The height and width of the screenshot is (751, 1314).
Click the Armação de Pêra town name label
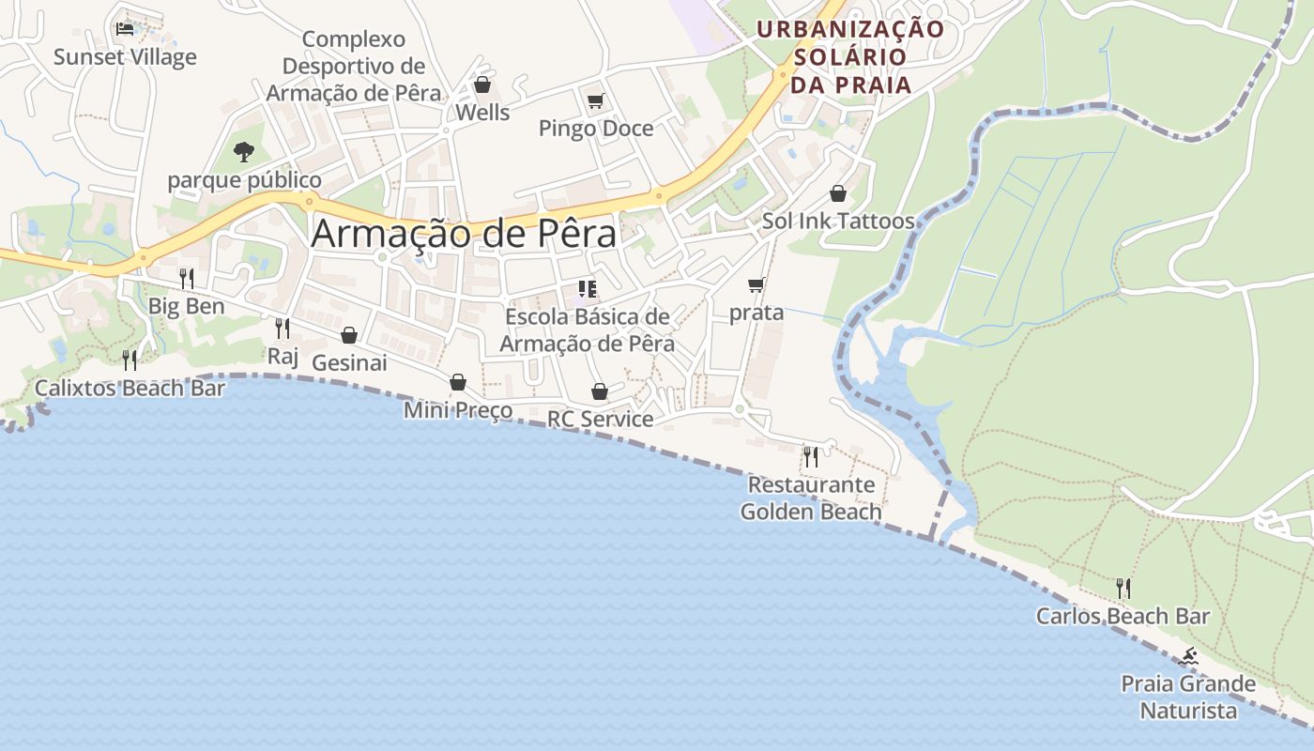click(x=464, y=234)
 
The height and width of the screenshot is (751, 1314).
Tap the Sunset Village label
click(x=125, y=57)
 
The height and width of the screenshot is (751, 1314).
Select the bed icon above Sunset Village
click(x=124, y=28)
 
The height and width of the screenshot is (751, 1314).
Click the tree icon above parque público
click(x=244, y=151)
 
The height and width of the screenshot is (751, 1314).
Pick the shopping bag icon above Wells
click(x=482, y=84)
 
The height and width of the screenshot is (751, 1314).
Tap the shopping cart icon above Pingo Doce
click(x=595, y=100)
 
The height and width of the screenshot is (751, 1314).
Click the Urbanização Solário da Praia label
click(x=850, y=57)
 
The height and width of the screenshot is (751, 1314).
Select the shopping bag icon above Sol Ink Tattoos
click(x=838, y=193)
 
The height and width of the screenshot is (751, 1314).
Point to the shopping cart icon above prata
click(x=756, y=284)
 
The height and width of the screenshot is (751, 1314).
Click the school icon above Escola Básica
click(x=588, y=289)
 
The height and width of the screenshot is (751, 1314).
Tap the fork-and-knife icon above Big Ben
click(x=187, y=278)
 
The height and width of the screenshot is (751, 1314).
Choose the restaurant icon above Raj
click(x=282, y=328)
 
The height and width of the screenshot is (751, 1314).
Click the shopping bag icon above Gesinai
click(x=349, y=335)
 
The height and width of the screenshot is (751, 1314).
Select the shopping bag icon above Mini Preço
click(x=458, y=382)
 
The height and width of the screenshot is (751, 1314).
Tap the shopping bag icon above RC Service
click(x=600, y=391)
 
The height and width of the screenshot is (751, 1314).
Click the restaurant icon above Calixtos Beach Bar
click(x=130, y=360)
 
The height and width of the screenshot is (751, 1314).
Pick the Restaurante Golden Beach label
click(x=811, y=498)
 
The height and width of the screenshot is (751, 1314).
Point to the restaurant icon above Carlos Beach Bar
click(x=1123, y=589)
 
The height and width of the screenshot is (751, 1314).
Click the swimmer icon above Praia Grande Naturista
click(x=1188, y=656)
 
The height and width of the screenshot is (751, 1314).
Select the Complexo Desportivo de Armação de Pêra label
click(x=354, y=67)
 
